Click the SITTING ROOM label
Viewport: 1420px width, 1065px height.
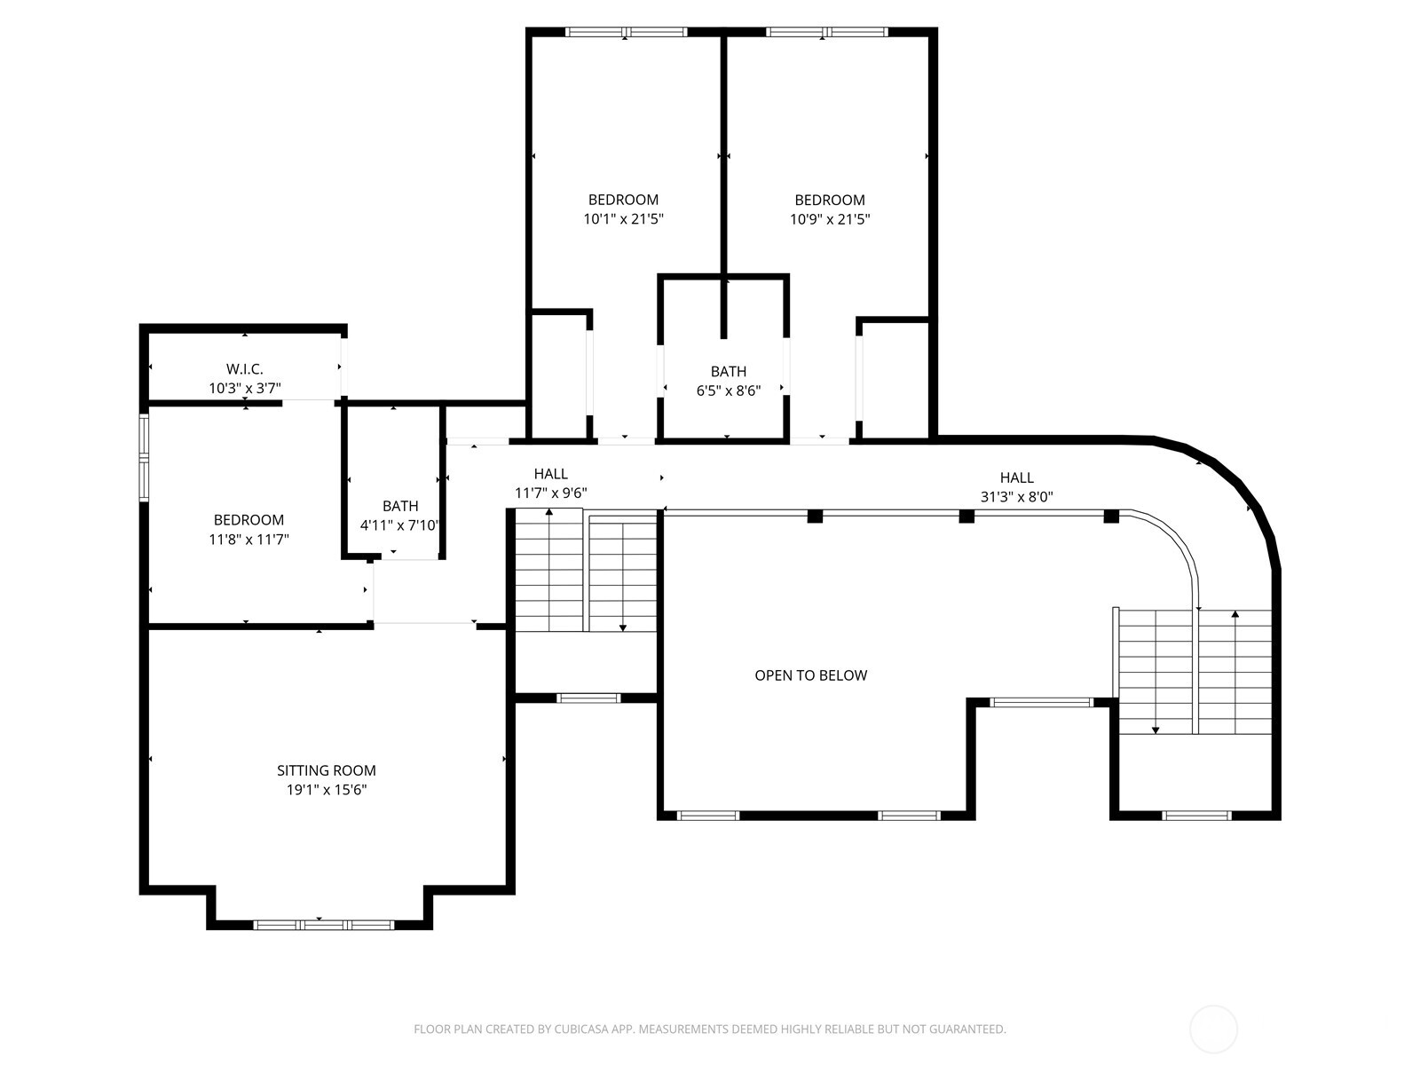(326, 770)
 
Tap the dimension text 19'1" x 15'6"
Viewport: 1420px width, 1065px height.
(321, 790)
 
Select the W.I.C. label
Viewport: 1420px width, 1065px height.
(244, 369)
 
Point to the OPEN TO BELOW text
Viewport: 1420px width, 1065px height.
(810, 675)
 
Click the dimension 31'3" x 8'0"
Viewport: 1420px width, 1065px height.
(1016, 497)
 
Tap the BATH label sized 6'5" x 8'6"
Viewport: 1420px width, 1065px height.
(728, 372)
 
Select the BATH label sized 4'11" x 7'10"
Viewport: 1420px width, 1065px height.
(400, 506)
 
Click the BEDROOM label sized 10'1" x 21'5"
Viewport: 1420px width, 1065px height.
(623, 200)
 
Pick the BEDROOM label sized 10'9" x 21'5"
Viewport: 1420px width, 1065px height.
(829, 200)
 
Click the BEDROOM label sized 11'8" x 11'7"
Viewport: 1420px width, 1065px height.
(248, 520)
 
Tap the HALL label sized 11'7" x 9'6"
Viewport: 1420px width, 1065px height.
(550, 474)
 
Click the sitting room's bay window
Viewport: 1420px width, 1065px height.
(323, 925)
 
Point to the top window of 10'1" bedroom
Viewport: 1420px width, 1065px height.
(626, 33)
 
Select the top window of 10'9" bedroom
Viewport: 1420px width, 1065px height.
(826, 33)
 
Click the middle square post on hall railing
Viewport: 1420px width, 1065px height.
(966, 516)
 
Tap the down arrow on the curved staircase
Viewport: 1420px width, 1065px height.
(1156, 728)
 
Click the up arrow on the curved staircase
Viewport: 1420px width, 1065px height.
(1235, 614)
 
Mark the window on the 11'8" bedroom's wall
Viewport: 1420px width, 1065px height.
(143, 458)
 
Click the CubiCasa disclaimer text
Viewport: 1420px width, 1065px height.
(709, 1029)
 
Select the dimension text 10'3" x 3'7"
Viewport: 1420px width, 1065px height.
(244, 388)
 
